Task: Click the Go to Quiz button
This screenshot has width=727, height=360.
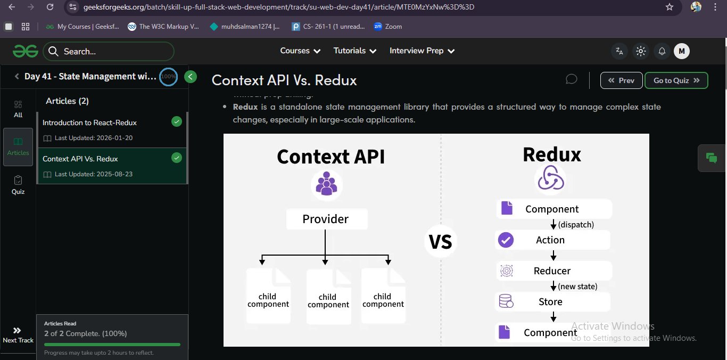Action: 676,80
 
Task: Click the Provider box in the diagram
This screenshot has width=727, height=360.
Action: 326,219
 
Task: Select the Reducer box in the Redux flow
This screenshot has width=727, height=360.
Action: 553,271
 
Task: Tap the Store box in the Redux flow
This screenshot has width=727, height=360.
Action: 552,302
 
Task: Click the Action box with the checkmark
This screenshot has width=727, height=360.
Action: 552,240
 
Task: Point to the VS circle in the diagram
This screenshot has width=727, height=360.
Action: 441,242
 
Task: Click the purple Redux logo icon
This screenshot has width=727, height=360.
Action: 551,178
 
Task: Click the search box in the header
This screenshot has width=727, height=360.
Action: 109,51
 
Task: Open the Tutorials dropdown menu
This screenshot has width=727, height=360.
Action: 355,51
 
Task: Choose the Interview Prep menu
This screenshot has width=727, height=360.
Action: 422,51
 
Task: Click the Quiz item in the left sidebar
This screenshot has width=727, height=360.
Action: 18,184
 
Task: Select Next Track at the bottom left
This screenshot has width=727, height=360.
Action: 18,335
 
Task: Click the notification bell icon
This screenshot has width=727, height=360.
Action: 662,51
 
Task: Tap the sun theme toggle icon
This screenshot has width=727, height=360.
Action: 641,51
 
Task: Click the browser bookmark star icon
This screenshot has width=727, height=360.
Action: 670,7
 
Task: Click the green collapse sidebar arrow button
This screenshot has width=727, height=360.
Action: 191,77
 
